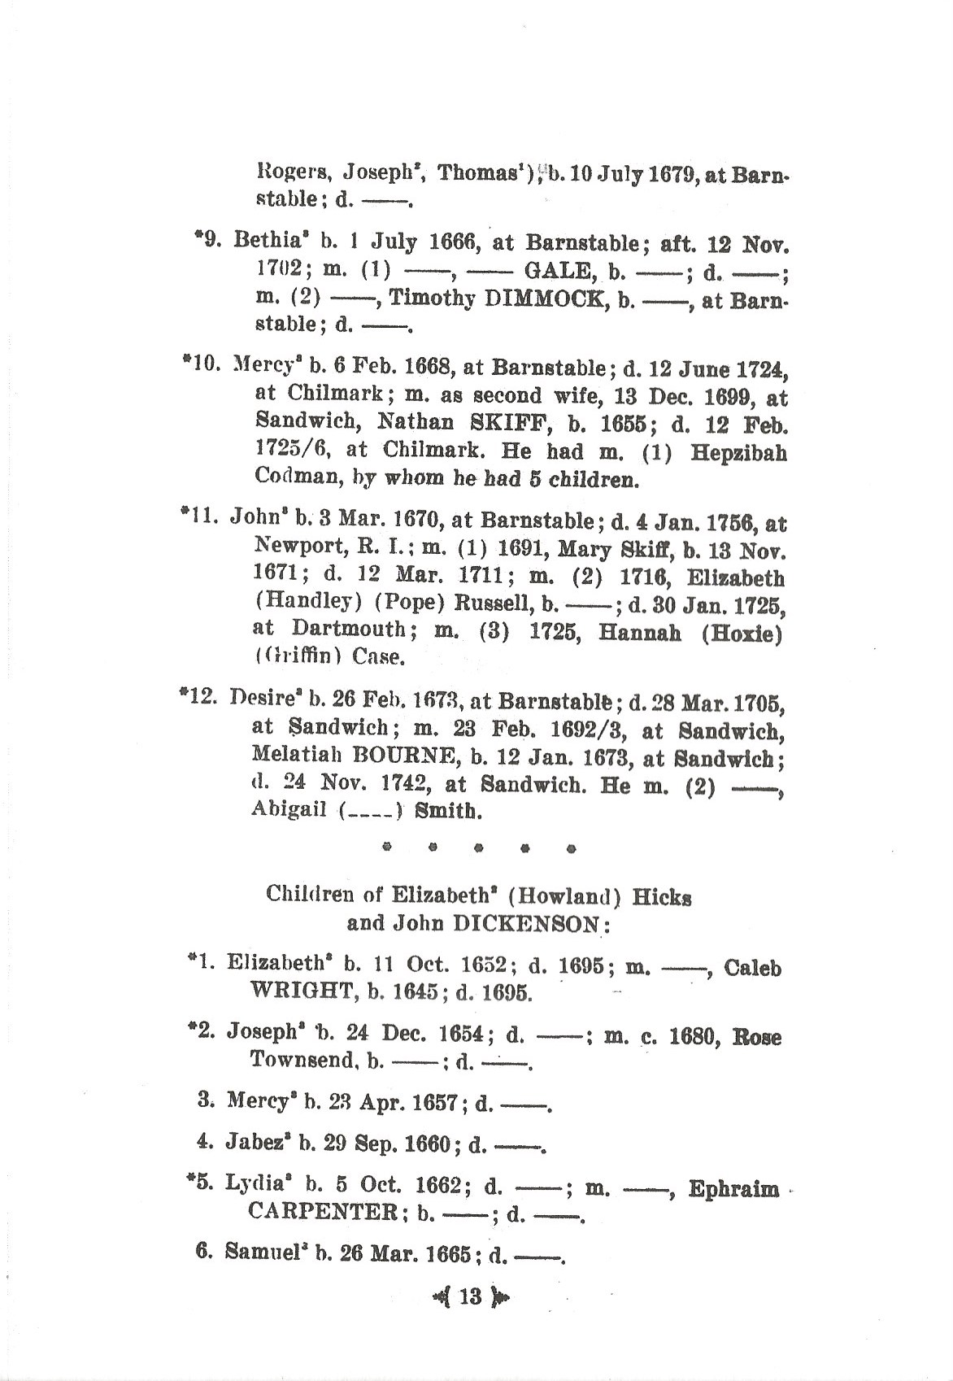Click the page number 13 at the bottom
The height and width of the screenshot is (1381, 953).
(470, 1296)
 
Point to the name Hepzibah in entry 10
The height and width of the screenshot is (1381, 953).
(738, 452)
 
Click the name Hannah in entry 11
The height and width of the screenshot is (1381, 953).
(639, 631)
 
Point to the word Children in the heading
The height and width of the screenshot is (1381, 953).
(307, 895)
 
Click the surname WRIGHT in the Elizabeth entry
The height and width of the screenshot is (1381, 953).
(303, 992)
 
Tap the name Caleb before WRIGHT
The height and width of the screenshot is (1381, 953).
(752, 968)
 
